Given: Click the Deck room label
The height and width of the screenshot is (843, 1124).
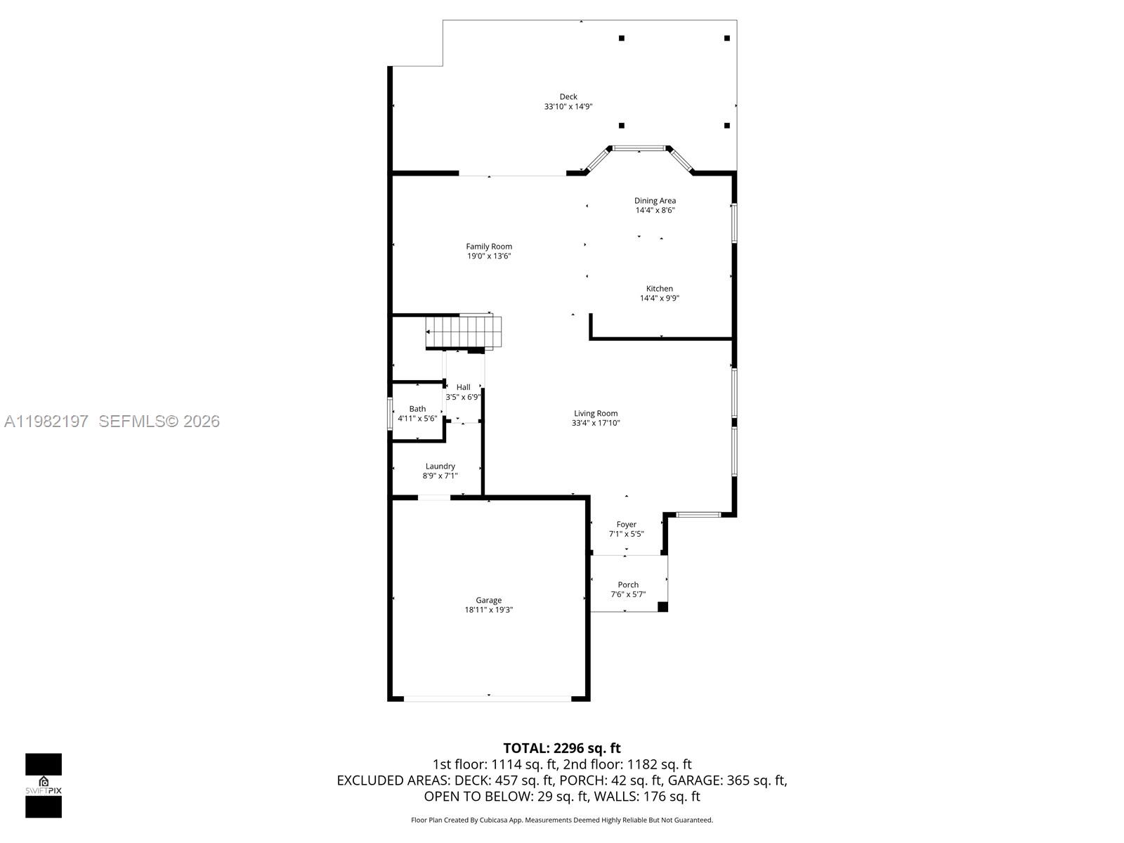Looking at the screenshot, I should point(568,97).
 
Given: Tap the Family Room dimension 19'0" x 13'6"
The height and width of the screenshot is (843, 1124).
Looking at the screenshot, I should point(489,256).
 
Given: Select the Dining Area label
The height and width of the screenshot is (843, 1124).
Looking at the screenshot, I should point(655,201).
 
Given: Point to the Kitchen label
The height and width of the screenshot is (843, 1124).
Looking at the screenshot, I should point(659,289).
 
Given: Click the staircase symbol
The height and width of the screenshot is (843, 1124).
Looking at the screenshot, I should point(464,332).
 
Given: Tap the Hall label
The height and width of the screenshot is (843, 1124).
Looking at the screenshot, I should point(463,387).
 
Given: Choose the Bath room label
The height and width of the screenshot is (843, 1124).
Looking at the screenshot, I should point(417,409).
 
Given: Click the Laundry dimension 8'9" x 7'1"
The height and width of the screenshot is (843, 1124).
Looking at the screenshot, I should point(440,476).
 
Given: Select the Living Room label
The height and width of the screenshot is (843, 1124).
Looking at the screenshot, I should point(595,414).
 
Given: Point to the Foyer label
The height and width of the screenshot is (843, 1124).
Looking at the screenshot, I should point(626,525).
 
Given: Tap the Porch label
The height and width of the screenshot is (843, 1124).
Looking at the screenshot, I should point(628,584).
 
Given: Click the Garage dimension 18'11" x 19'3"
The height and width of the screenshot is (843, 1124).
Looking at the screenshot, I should point(488,610).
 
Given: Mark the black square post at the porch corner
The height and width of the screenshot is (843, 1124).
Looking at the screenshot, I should point(662,606).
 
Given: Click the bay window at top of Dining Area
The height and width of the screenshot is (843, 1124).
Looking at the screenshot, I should point(639,148).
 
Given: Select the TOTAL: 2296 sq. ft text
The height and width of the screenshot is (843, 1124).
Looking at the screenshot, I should point(562,748).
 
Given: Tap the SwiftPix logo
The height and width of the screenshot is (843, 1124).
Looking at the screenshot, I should point(44,785).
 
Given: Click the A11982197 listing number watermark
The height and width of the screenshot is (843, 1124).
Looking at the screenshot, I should point(46,421).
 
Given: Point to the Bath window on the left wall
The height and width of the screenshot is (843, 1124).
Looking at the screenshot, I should point(391,413).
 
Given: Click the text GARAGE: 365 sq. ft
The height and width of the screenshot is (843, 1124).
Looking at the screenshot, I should point(727,780).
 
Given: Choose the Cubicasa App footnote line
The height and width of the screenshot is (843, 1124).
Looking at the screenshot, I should point(562,820).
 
